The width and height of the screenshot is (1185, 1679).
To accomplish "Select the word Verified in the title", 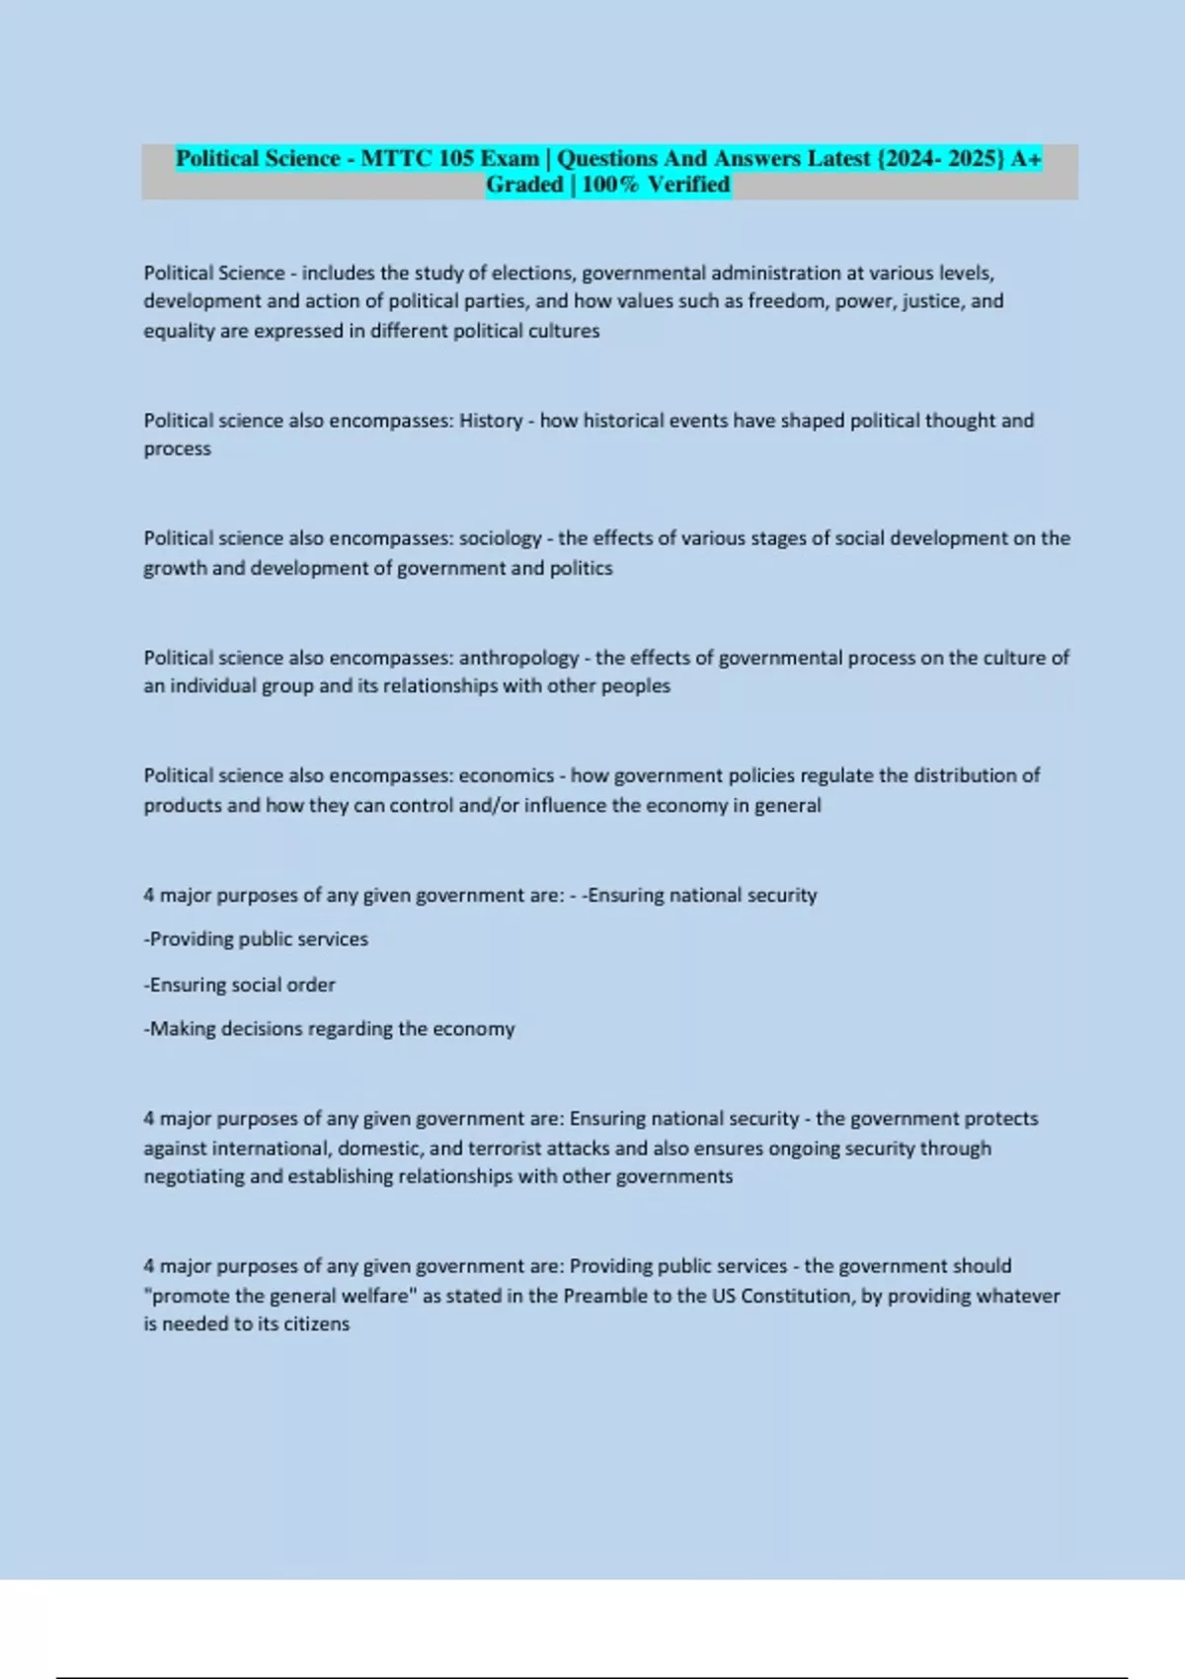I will click(688, 185).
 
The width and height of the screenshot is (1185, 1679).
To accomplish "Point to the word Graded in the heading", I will click(524, 185).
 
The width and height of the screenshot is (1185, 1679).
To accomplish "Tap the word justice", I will click(933, 301).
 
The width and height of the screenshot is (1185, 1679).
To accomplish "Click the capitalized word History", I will click(491, 421).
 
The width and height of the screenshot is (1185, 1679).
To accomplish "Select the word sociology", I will click(501, 538).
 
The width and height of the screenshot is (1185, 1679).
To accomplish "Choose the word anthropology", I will click(519, 658).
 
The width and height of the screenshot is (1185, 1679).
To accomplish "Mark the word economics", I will click(507, 775).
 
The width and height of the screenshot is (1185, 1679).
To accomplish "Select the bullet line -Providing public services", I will click(256, 939).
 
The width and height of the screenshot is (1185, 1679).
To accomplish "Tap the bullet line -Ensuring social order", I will click(240, 985).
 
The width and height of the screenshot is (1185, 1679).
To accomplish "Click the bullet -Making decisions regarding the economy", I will click(329, 1029).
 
